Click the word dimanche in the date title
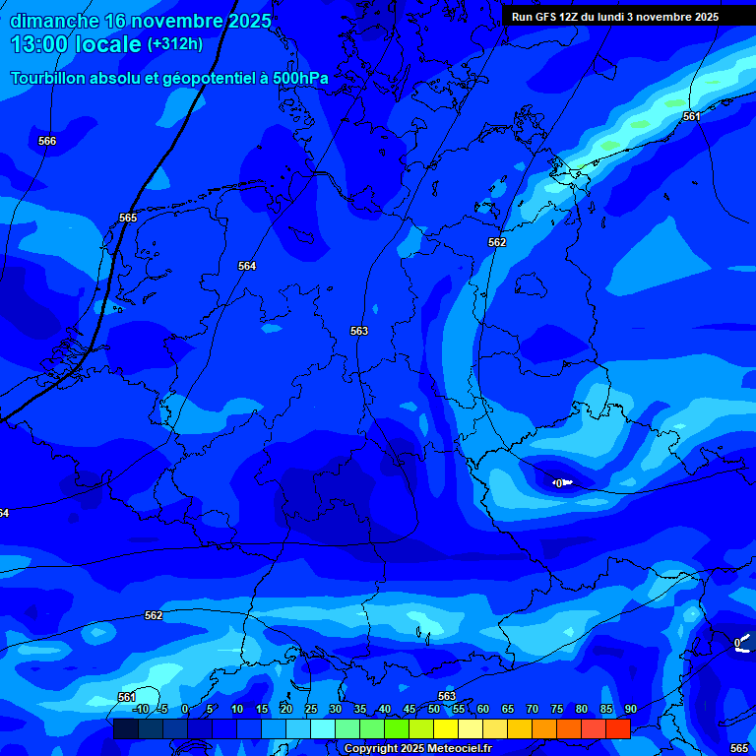click(x=53, y=21)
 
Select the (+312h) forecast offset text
click(x=175, y=44)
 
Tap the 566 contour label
click(x=47, y=142)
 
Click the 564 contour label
click(x=247, y=267)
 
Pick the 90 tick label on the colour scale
click(x=630, y=710)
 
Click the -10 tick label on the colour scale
click(x=140, y=710)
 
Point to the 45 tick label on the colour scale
click(x=409, y=710)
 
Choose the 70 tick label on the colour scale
click(x=533, y=710)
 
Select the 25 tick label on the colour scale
click(x=311, y=710)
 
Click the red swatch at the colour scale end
click(x=617, y=728)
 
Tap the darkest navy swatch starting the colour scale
click(x=125, y=728)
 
